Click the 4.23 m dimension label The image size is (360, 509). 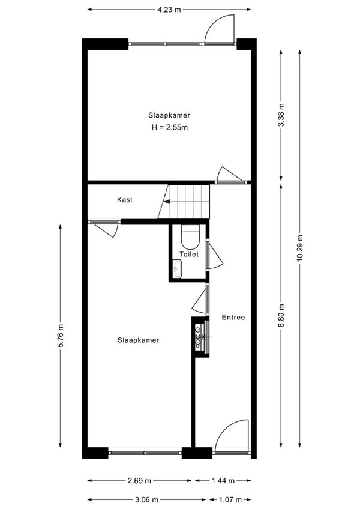pos(169,10)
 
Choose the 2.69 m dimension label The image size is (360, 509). pos(139,480)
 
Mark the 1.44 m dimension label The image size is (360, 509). pos(223,480)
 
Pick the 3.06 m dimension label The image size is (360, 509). pos(147,499)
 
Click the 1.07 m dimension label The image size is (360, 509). pos(229,499)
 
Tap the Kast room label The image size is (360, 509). pos(125,200)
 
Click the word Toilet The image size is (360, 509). pos(188,254)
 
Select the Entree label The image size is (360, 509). pos(233,318)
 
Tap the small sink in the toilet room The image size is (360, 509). pos(177,269)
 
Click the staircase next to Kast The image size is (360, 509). pos(187,202)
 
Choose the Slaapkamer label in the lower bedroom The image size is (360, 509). pos(138,340)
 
